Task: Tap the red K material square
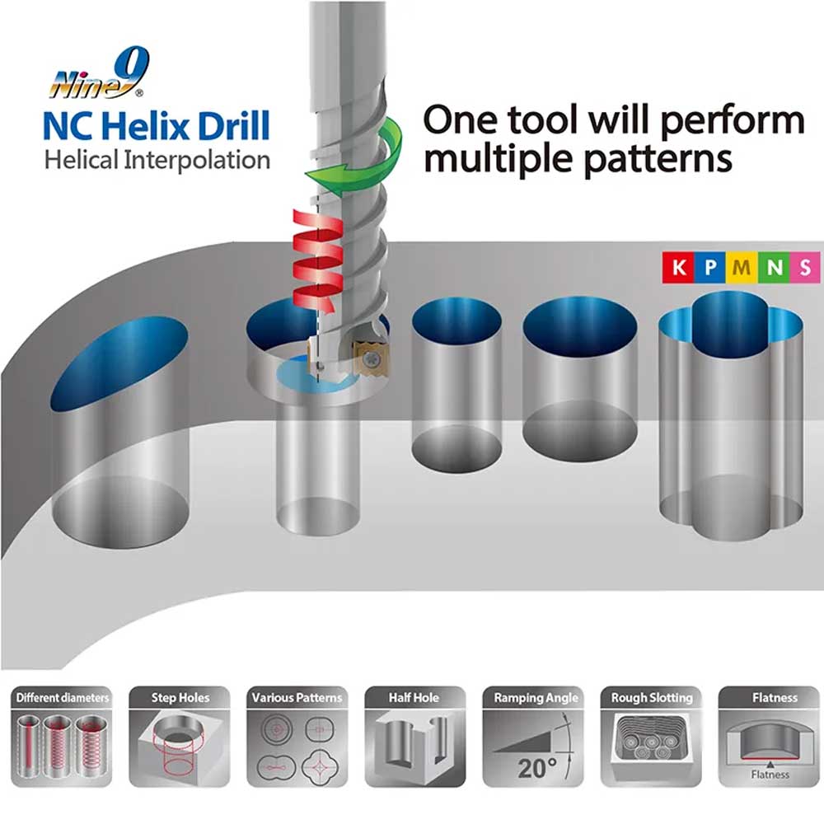pyautogui.click(x=677, y=267)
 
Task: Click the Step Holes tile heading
pyautogui.click(x=179, y=698)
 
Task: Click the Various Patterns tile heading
pyautogui.click(x=297, y=698)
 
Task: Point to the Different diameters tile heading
pyautogui.click(x=62, y=698)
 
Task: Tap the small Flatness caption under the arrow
pyautogui.click(x=770, y=775)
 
